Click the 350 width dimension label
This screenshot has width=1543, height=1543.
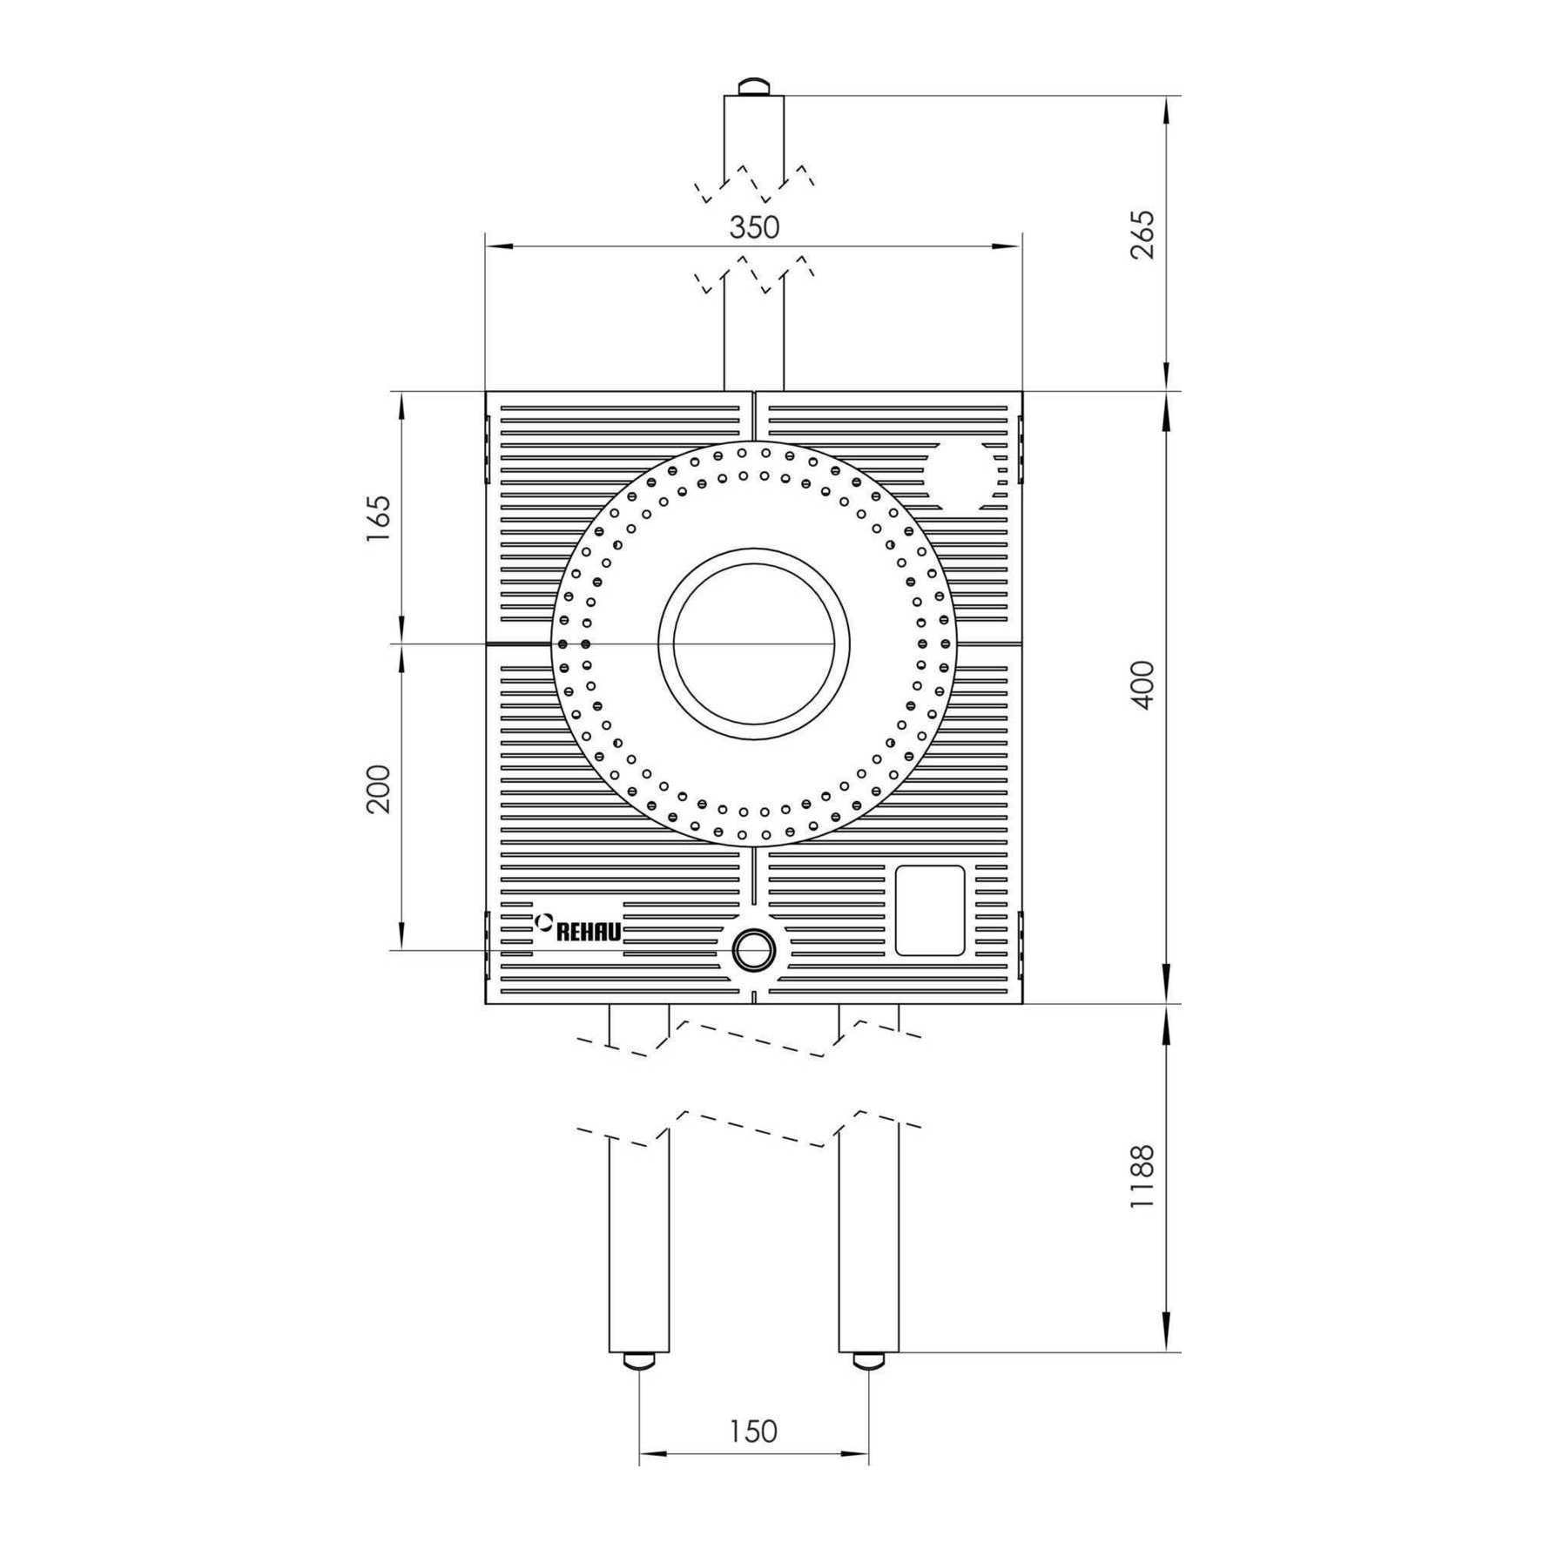point(754,227)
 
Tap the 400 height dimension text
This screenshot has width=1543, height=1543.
point(1143,684)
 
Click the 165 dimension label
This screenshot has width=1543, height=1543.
point(379,519)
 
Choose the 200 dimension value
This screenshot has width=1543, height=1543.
point(379,789)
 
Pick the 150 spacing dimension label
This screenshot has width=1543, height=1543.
point(754,1431)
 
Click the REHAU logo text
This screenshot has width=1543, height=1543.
point(589,932)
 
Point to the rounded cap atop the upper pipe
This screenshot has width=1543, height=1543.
point(754,87)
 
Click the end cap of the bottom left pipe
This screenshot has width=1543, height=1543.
point(640,1360)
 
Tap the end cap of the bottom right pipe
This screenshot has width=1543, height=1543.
point(869,1360)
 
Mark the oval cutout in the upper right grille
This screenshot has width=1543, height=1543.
point(966,475)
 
